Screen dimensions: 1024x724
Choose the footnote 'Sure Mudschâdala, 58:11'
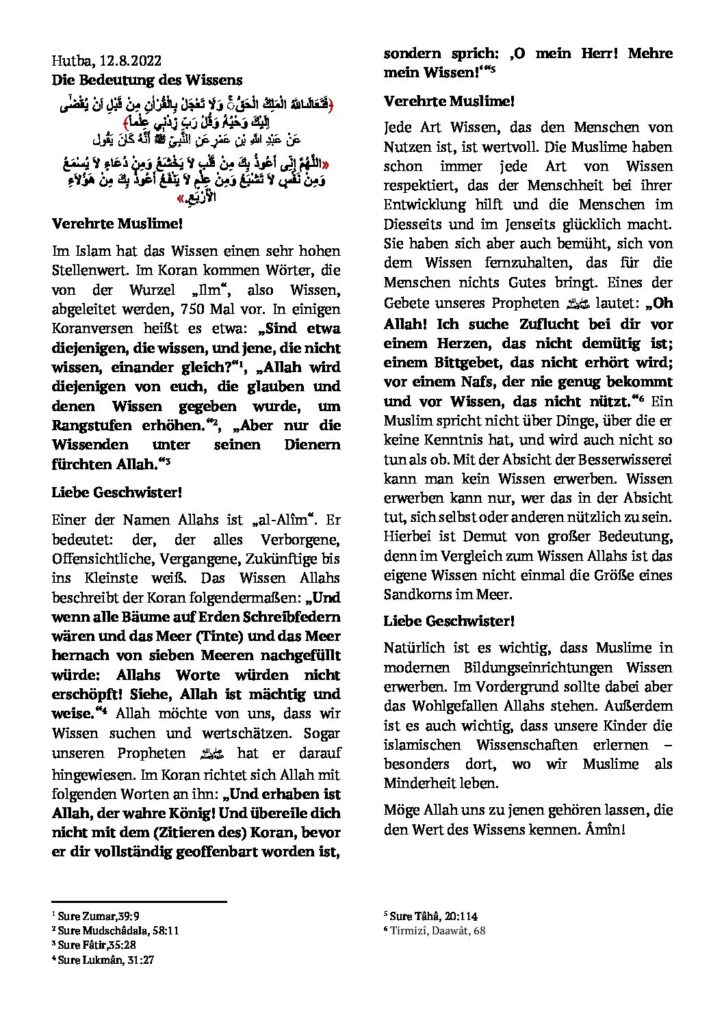pyautogui.click(x=105, y=929)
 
